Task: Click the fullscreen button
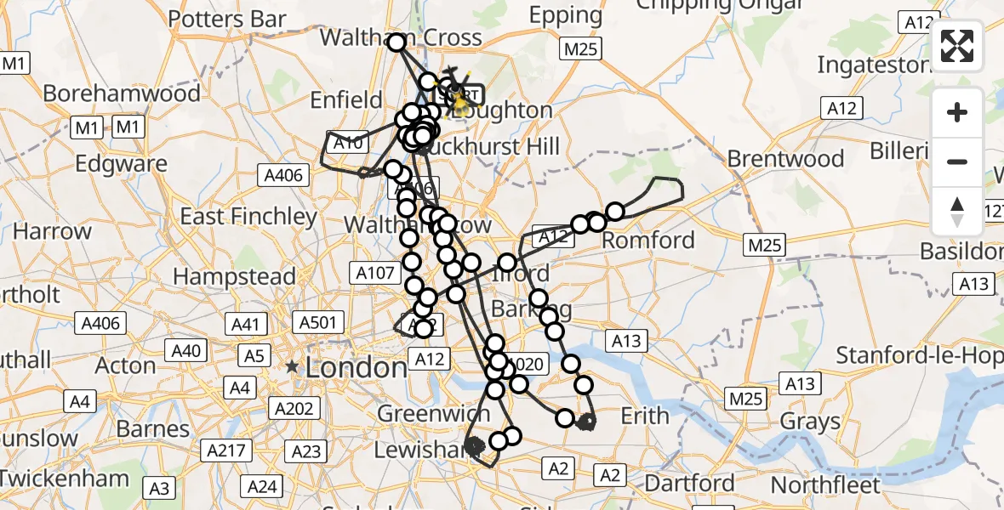click(x=957, y=46)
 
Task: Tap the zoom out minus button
click(x=957, y=161)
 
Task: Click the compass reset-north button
click(x=957, y=211)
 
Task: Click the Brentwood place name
click(x=786, y=159)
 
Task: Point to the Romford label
click(x=648, y=239)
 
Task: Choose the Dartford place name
click(x=689, y=484)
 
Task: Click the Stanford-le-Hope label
click(x=919, y=355)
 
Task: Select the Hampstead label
click(x=234, y=276)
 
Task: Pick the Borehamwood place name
click(x=122, y=93)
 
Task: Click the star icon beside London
click(x=292, y=367)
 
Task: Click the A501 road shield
click(x=317, y=322)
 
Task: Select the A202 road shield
click(x=294, y=408)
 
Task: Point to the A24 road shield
click(x=260, y=486)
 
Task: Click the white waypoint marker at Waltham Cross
click(x=397, y=42)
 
